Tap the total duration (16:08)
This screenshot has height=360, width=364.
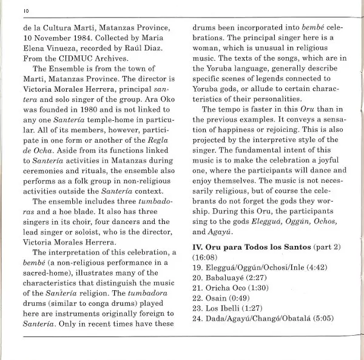point(206,260)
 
